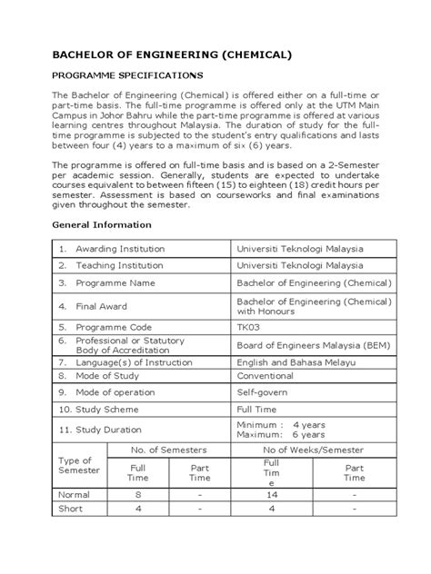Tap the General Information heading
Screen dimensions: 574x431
[x=101, y=223]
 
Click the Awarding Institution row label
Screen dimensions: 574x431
[x=114, y=248]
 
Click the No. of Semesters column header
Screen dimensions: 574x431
[x=169, y=450]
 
